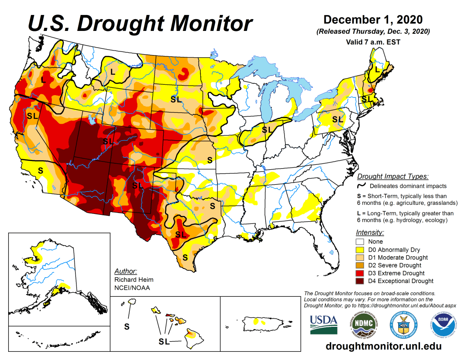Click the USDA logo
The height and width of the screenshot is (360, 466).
pos(324,324)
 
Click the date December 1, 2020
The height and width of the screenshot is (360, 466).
pos(373,20)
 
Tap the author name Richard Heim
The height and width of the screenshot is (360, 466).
pos(134,279)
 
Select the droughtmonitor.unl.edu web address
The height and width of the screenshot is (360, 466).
pos(384,346)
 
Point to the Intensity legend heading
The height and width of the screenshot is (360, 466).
pos(369,232)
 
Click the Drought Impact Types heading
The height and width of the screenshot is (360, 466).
pos(393,176)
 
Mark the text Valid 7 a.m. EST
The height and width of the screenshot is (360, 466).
pos(373,42)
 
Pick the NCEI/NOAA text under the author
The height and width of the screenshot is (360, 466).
pos(132,288)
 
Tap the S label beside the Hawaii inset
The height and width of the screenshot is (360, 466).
pos(127,326)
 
